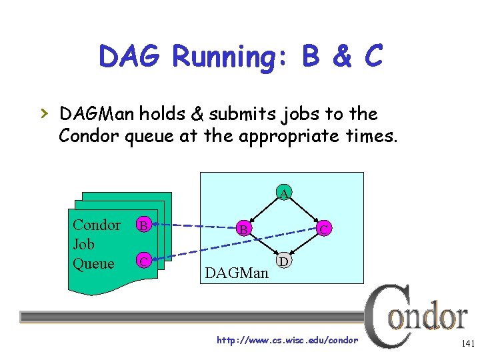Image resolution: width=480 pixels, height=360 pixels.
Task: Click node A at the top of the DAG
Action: pyautogui.click(x=284, y=194)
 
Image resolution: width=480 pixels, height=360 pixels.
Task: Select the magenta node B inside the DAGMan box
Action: pyautogui.click(x=245, y=229)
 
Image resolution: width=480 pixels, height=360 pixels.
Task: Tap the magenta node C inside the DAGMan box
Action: pyautogui.click(x=323, y=229)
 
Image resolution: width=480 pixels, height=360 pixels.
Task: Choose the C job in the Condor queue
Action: pyautogui.click(x=143, y=260)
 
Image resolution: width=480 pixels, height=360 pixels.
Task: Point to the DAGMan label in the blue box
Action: pyautogui.click(x=237, y=273)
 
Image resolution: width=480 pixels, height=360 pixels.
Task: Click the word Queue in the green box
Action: pyautogui.click(x=93, y=264)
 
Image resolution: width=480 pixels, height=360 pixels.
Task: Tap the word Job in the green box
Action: pyautogui.click(x=84, y=245)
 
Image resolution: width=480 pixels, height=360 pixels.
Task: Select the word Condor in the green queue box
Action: pyautogui.click(x=97, y=225)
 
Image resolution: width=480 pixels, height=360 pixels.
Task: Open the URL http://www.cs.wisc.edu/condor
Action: pyautogui.click(x=287, y=341)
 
